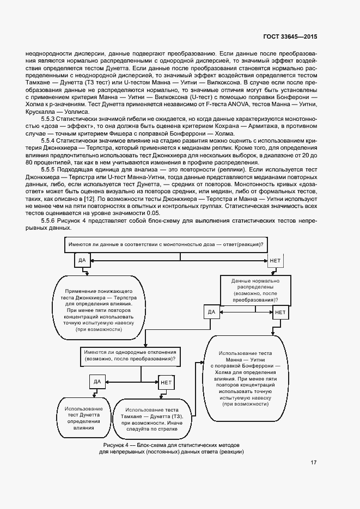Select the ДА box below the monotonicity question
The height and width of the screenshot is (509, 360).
click(82, 261)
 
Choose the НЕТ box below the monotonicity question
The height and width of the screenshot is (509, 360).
click(274, 261)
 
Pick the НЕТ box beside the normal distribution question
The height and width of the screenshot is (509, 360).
click(280, 312)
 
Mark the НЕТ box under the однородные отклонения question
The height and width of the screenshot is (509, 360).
click(166, 382)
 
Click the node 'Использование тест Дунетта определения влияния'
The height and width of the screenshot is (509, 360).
click(84, 418)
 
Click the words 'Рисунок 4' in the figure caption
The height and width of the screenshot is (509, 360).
click(115, 445)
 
